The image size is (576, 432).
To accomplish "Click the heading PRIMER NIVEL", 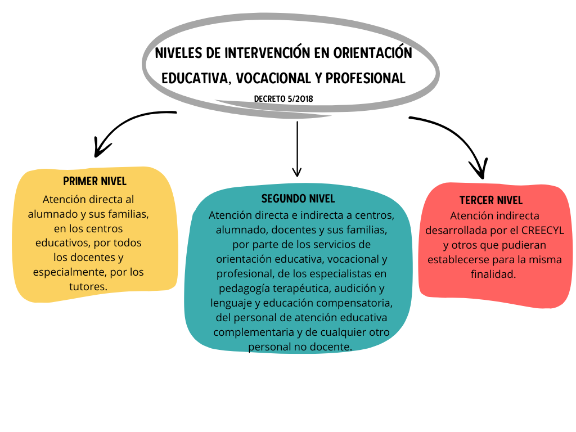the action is (x=94, y=181).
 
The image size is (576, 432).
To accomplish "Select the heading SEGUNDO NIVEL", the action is (x=298, y=199).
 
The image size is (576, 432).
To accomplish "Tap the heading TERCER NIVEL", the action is (x=490, y=200).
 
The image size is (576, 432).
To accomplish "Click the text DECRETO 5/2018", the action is (x=283, y=99).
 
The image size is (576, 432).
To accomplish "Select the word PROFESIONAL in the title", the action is (x=365, y=78).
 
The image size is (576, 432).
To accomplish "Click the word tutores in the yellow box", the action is (x=88, y=286).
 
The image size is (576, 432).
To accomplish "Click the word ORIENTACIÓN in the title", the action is (x=372, y=52).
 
